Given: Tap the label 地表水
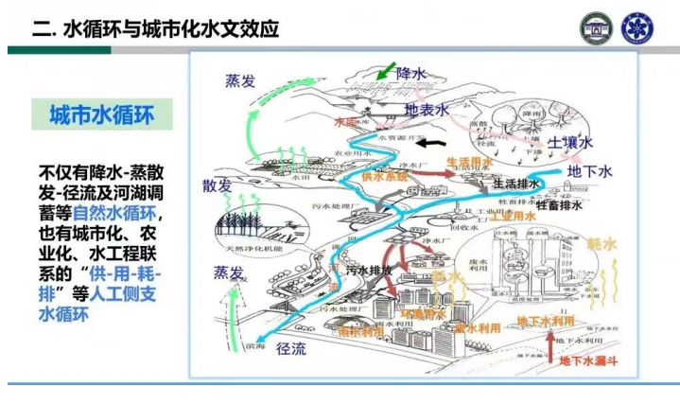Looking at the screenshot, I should [427, 111].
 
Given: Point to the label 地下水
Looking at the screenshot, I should [591, 172].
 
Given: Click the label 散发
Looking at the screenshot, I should [217, 184].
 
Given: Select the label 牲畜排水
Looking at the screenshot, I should [559, 203].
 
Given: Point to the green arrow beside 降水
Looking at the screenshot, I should [384, 70].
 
